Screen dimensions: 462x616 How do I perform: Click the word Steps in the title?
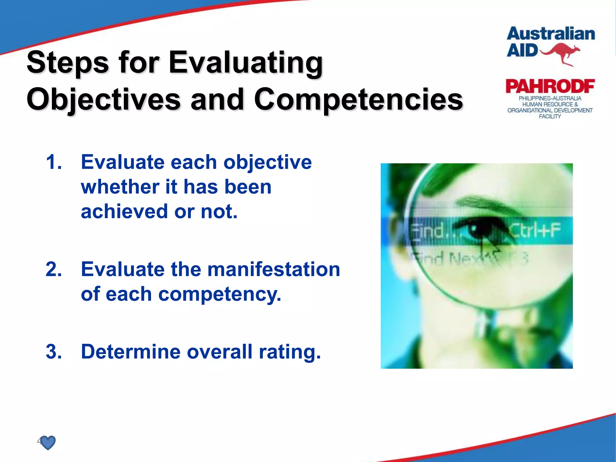[68, 63]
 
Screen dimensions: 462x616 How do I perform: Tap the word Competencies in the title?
[358, 99]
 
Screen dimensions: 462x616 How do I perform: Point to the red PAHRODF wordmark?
[550, 87]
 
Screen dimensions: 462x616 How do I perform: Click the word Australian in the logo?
[551, 34]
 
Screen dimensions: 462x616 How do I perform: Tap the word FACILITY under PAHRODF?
[550, 116]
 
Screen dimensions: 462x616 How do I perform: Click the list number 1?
[54, 162]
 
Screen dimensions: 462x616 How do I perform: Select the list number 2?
[54, 269]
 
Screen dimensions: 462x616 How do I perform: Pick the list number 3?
[54, 352]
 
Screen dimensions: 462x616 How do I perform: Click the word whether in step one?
[120, 187]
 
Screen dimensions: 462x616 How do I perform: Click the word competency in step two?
[220, 294]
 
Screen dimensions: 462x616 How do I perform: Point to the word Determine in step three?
[131, 352]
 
